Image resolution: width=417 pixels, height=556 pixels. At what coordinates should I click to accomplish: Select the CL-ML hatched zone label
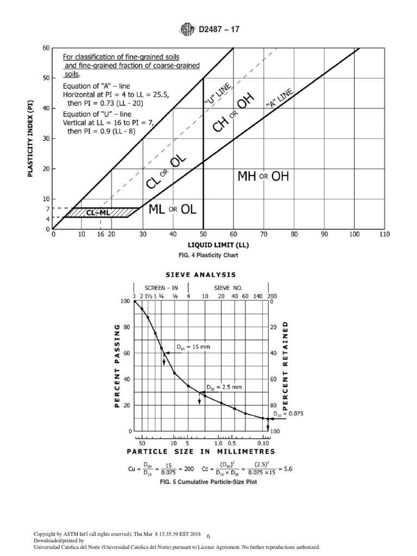(x=98, y=213)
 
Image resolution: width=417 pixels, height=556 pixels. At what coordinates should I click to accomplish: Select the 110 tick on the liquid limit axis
(x=384, y=235)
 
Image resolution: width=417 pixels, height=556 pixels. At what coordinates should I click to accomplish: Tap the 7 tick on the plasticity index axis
(x=48, y=208)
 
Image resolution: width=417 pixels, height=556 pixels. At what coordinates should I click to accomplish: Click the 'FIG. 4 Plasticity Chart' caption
(x=208, y=254)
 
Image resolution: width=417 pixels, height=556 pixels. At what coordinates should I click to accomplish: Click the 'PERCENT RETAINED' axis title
(x=286, y=364)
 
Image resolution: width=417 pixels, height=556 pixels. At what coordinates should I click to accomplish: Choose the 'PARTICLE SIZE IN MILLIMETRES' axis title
(x=201, y=451)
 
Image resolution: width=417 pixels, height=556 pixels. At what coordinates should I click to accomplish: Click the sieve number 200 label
(x=273, y=296)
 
